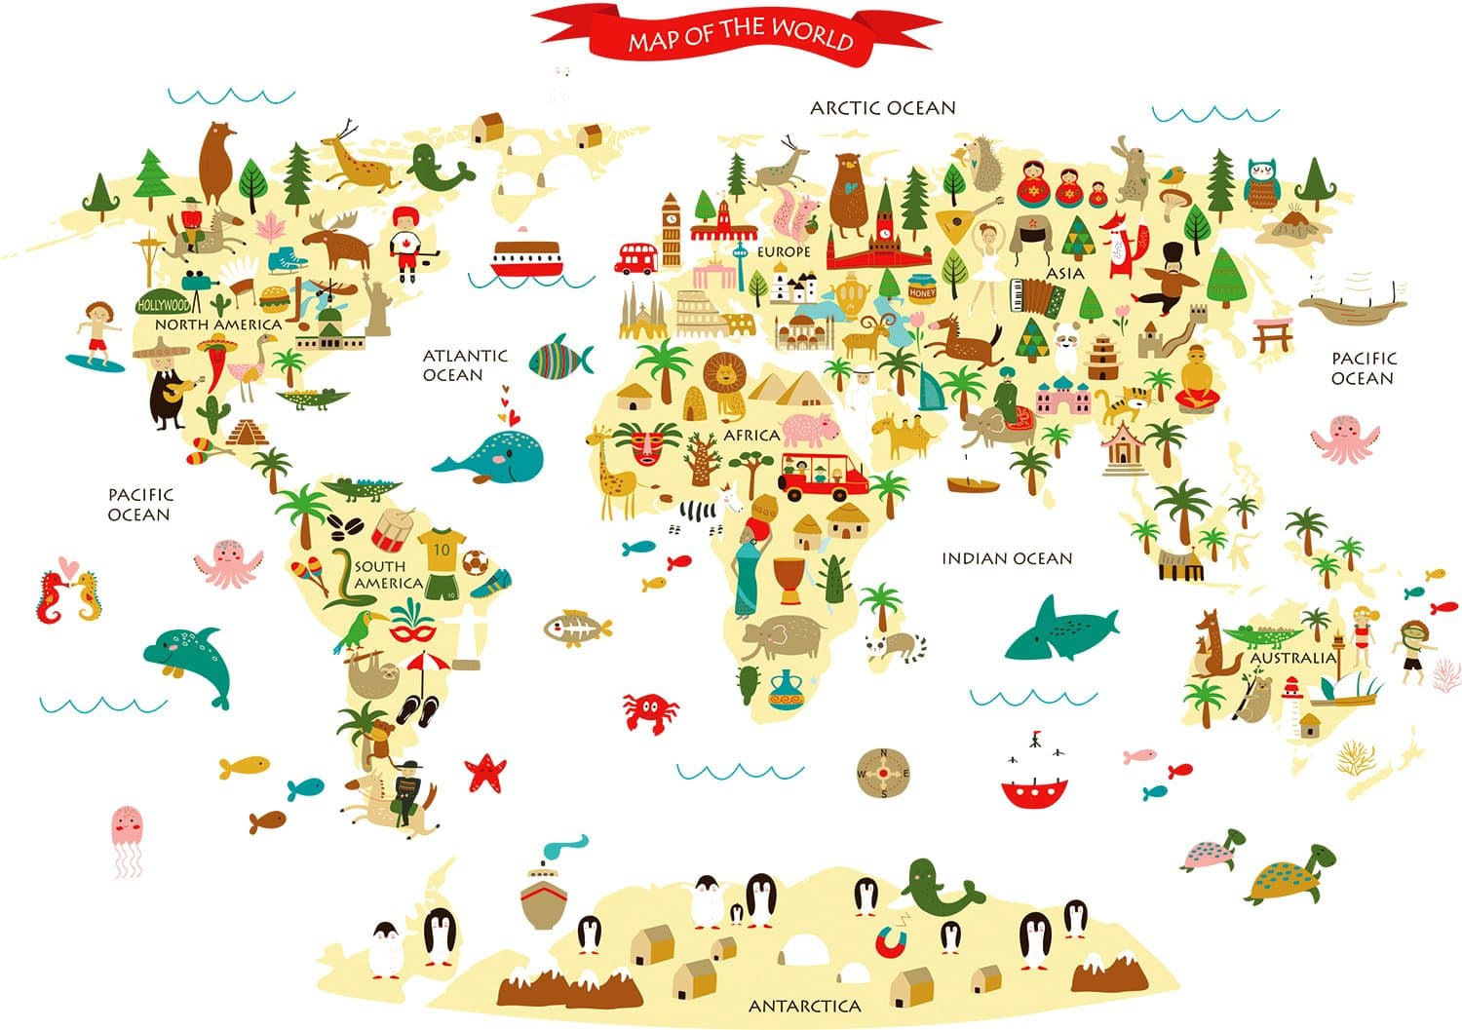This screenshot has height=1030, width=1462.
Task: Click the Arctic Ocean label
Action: click(883, 108)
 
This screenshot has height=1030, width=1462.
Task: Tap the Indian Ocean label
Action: click(1007, 558)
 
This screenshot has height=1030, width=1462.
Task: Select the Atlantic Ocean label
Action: click(465, 364)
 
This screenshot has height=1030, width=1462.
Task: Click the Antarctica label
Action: click(804, 1006)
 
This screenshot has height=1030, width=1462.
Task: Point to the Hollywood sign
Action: click(163, 304)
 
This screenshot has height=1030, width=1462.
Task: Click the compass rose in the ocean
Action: click(883, 773)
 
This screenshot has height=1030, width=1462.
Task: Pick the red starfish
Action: click(485, 772)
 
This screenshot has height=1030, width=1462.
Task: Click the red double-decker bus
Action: click(637, 258)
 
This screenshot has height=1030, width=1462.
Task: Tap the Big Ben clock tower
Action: click(672, 230)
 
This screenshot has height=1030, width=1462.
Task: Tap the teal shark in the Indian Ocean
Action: click(1060, 628)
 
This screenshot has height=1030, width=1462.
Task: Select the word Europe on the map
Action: click(785, 251)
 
